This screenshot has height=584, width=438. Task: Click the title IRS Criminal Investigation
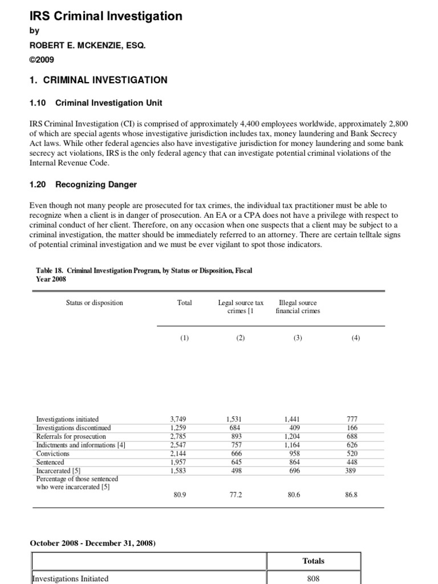click(x=106, y=16)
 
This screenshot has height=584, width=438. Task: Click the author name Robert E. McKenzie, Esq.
click(x=88, y=45)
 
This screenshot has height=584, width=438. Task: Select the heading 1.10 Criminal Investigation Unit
click(x=96, y=103)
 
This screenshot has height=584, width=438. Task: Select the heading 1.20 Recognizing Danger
click(x=83, y=185)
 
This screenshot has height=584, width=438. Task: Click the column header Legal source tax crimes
click(x=240, y=307)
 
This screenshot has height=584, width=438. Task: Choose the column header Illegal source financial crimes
click(x=298, y=307)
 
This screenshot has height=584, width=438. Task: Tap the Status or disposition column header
click(x=94, y=303)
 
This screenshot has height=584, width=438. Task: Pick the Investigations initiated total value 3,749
click(x=178, y=419)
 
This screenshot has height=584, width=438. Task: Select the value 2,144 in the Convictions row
click(x=178, y=453)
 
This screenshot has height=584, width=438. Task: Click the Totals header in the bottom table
click(x=314, y=561)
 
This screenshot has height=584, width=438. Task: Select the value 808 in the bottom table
click(x=314, y=578)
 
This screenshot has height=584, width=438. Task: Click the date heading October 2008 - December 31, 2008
click(x=93, y=543)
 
